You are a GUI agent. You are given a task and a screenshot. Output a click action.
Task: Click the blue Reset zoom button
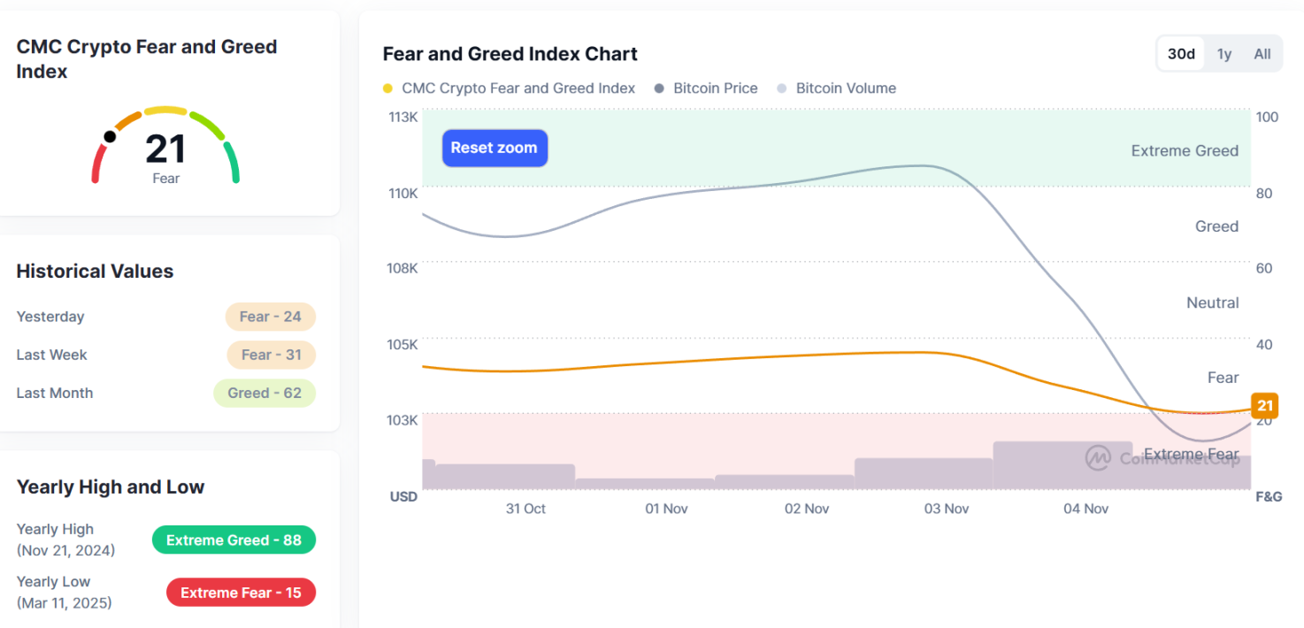[495, 148]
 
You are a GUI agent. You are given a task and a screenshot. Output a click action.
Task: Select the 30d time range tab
[1181, 54]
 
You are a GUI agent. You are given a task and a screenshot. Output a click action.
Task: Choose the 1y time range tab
[1224, 54]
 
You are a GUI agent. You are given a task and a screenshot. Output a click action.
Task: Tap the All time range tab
[1262, 54]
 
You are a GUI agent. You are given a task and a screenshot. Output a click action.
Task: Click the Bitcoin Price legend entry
[715, 88]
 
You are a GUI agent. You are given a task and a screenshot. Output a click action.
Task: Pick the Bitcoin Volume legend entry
[845, 88]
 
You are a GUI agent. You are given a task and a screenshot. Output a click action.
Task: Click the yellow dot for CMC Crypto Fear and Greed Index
[387, 88]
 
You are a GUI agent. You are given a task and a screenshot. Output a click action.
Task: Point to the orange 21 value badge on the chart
[1265, 406]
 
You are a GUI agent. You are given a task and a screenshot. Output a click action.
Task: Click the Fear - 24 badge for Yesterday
[270, 317]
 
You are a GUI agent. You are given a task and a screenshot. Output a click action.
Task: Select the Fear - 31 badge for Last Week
[271, 355]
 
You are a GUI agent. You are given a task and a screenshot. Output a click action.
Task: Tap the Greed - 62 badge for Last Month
[264, 393]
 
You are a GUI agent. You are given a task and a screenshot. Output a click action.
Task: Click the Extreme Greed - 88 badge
[234, 540]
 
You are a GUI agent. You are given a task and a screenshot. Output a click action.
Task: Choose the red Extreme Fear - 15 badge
[241, 593]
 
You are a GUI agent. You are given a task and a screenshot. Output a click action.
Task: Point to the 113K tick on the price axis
[403, 117]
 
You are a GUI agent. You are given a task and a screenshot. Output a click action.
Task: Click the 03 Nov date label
[947, 509]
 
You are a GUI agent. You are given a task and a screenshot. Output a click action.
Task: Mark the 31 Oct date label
[525, 509]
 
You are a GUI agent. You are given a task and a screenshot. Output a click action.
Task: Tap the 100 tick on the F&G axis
[1267, 117]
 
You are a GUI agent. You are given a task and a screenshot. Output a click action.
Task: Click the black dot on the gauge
[110, 136]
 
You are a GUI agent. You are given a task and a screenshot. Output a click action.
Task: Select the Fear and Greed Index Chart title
[510, 54]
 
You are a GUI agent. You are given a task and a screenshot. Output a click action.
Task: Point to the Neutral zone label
[1212, 303]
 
